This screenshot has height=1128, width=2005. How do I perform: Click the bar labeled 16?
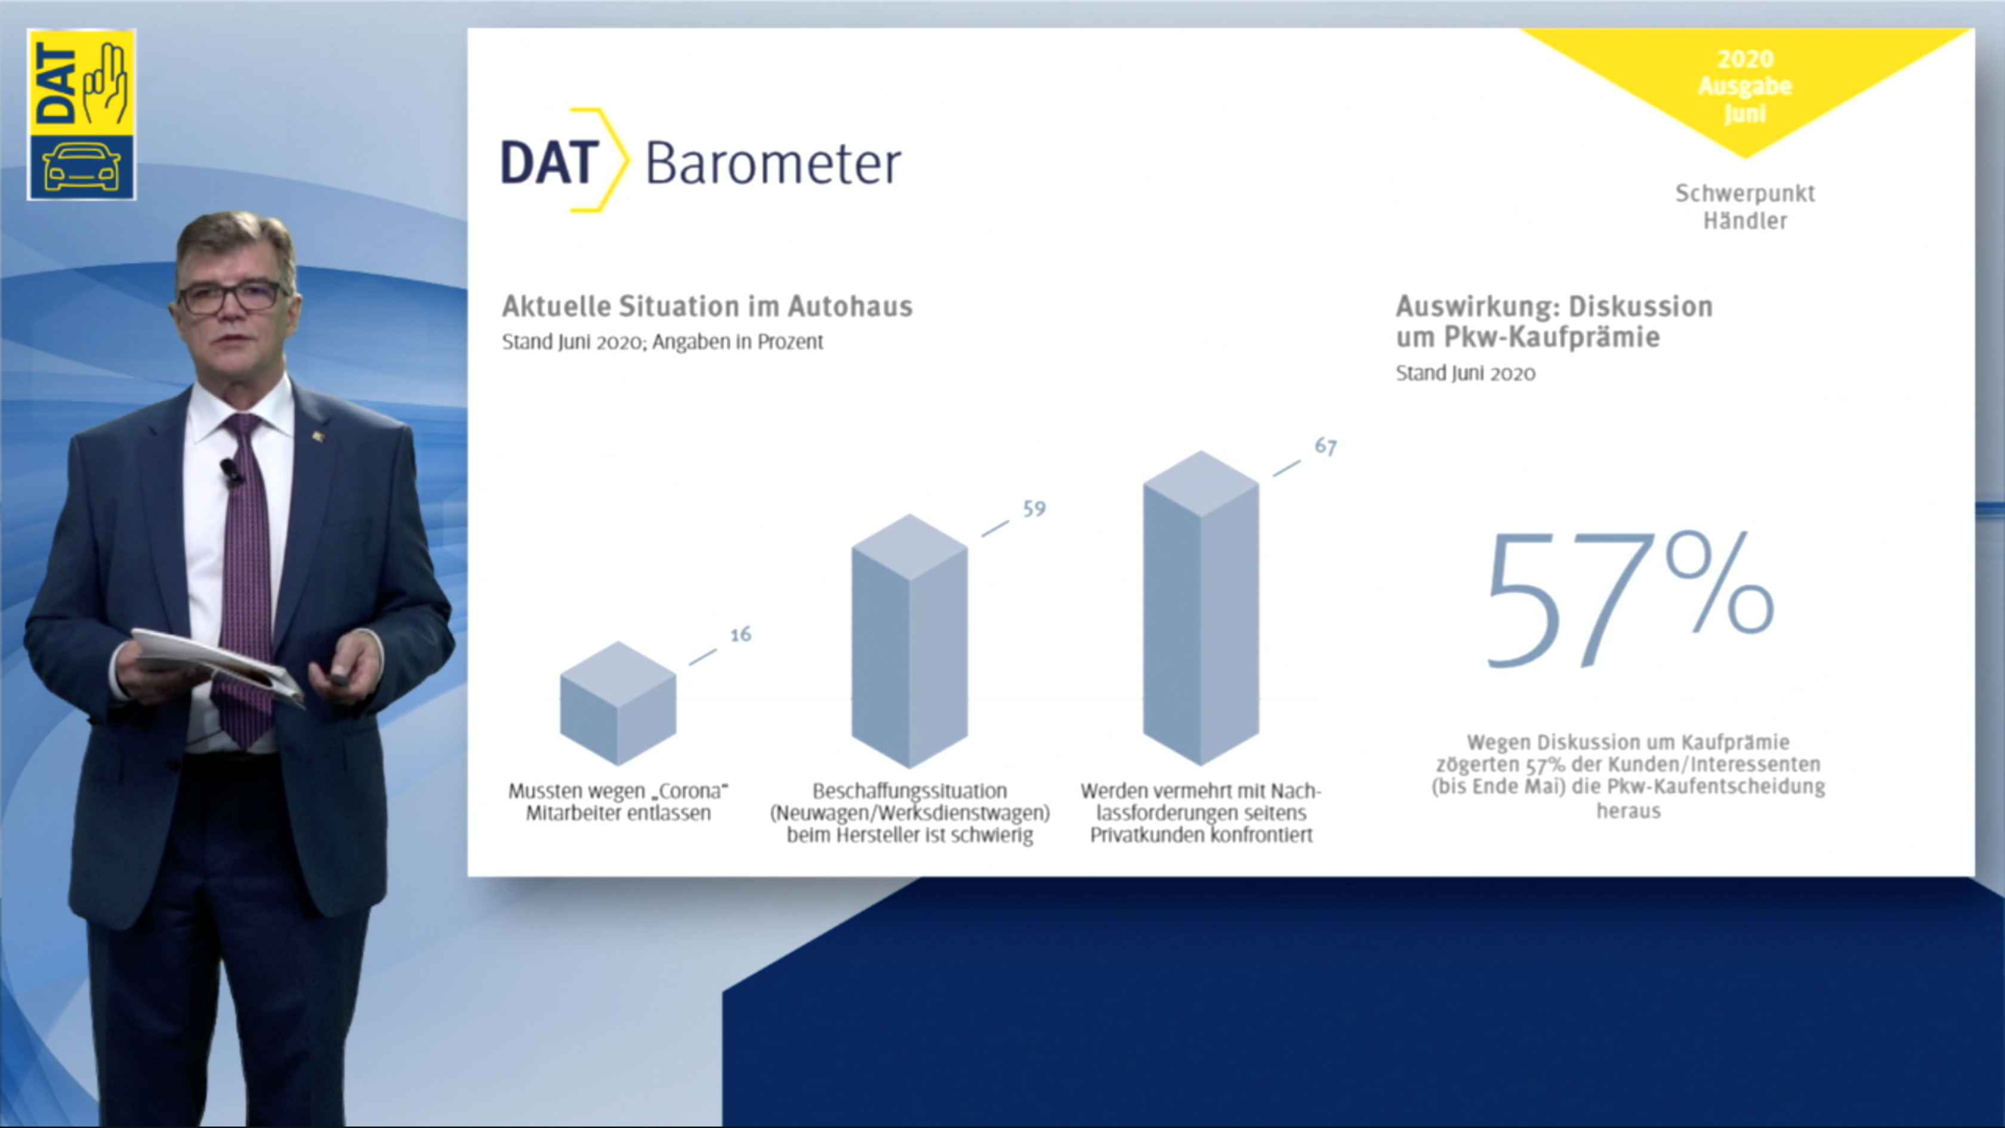(618, 703)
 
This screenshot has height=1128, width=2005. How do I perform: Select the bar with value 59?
(909, 641)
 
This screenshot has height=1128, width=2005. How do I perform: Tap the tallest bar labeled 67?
(1201, 608)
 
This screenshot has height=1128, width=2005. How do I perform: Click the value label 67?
(1325, 447)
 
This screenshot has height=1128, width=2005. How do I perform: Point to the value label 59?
(1034, 509)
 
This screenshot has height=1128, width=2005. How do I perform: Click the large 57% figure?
(1630, 599)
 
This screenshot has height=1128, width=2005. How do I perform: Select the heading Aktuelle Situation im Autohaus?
(707, 306)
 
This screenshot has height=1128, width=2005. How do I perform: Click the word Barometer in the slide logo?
(773, 163)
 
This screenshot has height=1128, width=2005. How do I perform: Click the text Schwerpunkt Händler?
(1745, 207)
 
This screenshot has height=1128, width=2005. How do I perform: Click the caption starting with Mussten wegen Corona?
(618, 802)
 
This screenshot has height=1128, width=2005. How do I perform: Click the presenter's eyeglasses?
(230, 297)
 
